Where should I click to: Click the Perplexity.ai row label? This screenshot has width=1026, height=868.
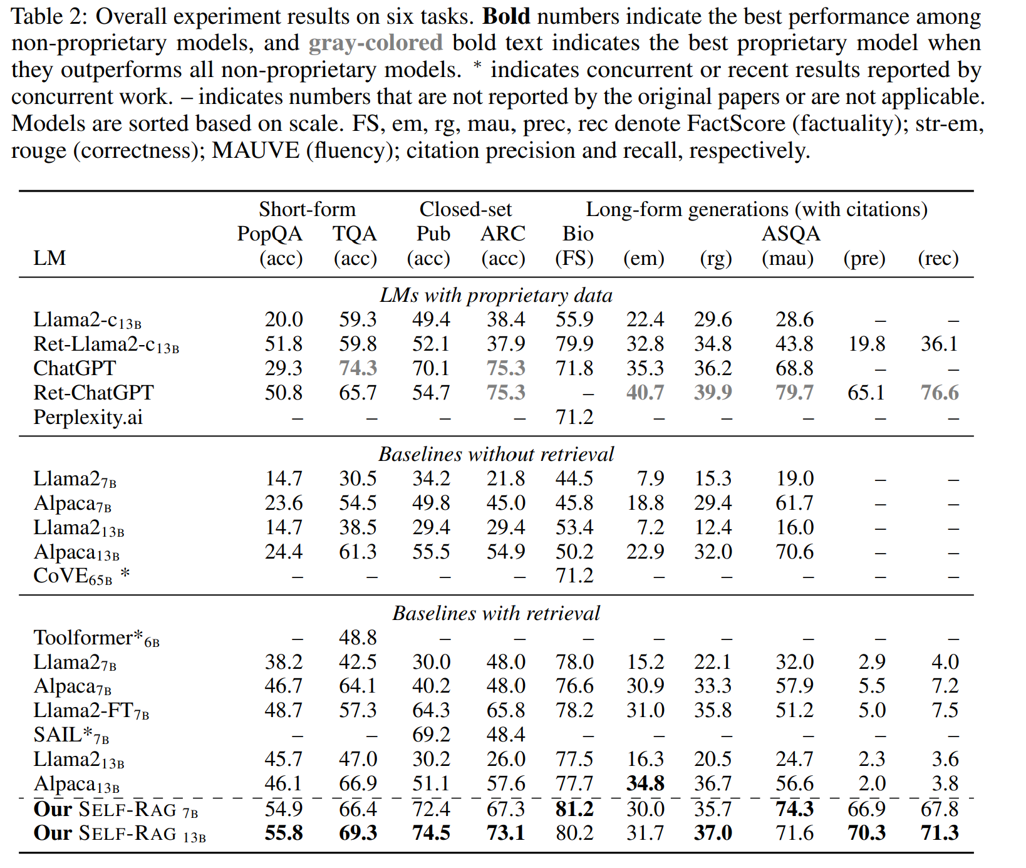[88, 417]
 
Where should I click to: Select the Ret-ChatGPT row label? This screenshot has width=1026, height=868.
[93, 393]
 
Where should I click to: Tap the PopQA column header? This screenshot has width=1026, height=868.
[269, 234]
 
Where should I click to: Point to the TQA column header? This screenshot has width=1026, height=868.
[355, 234]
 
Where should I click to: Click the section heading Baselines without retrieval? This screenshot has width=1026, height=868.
[496, 453]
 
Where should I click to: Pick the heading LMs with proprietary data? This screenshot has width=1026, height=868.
[496, 295]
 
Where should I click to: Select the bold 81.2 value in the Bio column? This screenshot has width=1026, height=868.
[574, 809]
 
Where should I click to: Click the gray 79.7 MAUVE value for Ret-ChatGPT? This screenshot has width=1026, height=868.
[794, 393]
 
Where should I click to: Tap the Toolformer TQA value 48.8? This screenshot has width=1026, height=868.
[358, 638]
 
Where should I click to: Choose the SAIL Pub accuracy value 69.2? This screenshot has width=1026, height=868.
[431, 735]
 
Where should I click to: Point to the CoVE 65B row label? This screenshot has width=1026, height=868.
[81, 576]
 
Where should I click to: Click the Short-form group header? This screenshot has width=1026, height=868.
[307, 209]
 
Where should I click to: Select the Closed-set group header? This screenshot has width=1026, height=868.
[465, 209]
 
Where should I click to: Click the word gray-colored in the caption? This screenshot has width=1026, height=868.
[376, 43]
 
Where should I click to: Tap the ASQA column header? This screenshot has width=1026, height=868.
[790, 234]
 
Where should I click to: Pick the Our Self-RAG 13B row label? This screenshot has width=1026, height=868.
[120, 834]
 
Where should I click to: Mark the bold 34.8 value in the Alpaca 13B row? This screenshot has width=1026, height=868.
[645, 783]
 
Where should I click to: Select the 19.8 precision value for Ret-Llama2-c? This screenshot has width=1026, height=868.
[867, 344]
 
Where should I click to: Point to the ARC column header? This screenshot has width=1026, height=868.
[503, 234]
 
